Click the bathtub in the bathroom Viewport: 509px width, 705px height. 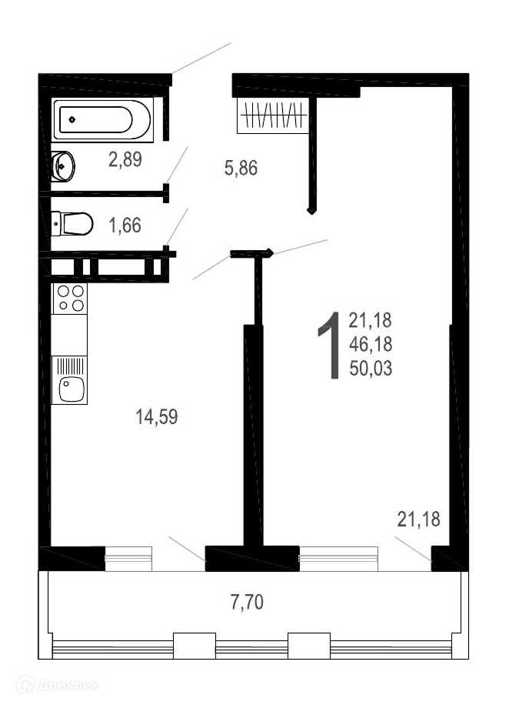pyautogui.click(x=102, y=119)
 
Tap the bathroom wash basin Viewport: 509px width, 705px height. pyautogui.click(x=62, y=166)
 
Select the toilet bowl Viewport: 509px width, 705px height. pyautogui.click(x=72, y=223)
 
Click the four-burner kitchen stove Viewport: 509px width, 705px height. pyautogui.click(x=70, y=299)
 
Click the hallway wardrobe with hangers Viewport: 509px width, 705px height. pyautogui.click(x=273, y=115)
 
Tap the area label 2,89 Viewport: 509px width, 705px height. pyautogui.click(x=125, y=159)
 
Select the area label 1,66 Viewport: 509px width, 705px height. pyautogui.click(x=125, y=226)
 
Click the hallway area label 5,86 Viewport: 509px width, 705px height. pyautogui.click(x=241, y=168)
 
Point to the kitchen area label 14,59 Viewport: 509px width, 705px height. pyautogui.click(x=157, y=417)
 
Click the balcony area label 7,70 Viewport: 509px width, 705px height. pyautogui.click(x=247, y=602)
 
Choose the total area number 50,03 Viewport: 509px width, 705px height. pyautogui.click(x=371, y=368)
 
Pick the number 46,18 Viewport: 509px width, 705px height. pyautogui.click(x=371, y=344)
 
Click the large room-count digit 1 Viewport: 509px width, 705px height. pyautogui.click(x=330, y=346)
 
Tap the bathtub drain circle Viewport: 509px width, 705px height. pyautogui.click(x=72, y=119)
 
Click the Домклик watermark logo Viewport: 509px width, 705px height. pyautogui.click(x=58, y=685)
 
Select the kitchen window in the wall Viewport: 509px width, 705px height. pyautogui.click(x=128, y=559)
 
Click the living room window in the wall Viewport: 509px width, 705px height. pyautogui.click(x=339, y=559)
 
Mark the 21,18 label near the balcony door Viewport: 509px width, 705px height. pyautogui.click(x=419, y=520)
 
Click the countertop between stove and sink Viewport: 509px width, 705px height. pyautogui.click(x=70, y=335)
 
